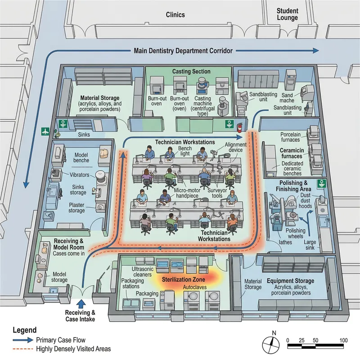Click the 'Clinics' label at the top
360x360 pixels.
(175, 15)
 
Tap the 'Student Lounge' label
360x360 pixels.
(287, 14)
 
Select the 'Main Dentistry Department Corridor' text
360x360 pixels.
(183, 51)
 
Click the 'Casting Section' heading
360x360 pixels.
(191, 72)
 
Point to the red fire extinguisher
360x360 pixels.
(240, 125)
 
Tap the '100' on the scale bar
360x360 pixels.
(343, 340)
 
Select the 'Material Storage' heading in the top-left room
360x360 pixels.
(99, 98)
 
